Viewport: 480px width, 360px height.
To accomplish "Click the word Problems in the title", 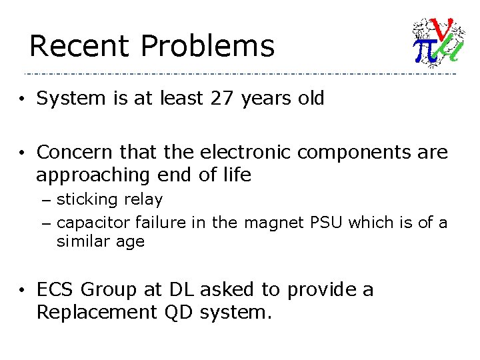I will tap(207, 47).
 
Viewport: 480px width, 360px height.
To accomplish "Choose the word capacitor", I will tap(93, 222).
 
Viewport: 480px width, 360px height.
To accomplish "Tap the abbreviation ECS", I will tap(57, 290).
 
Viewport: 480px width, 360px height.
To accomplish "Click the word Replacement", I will tap(94, 313).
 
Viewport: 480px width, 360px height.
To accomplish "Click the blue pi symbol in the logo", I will tap(425, 51).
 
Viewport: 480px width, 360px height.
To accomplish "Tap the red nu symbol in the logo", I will tap(443, 29).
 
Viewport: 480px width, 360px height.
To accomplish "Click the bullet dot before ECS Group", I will tap(22, 291).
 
